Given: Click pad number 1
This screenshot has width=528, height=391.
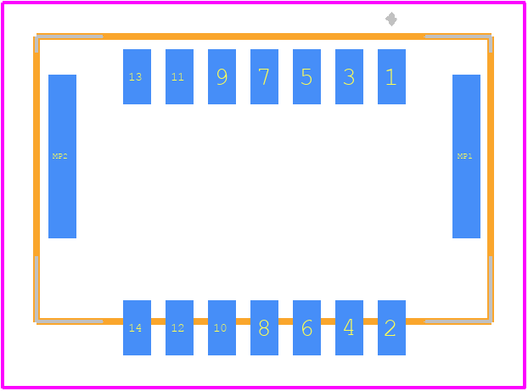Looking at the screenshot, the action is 391,76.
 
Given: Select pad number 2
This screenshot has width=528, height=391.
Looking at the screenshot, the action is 391,327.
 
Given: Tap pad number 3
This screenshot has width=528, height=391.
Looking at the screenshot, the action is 349,76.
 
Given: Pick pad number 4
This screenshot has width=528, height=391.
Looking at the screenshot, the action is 349,327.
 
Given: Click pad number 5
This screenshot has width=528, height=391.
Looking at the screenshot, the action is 306,76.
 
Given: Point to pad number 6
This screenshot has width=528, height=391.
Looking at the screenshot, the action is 306,327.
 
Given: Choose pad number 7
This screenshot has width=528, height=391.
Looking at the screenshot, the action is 264,76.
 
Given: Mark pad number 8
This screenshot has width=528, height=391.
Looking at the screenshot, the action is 264,327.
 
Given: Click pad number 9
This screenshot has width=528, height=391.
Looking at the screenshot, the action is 222,76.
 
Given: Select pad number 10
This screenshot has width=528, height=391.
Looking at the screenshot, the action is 222,327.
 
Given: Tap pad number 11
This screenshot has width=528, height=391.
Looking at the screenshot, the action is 179,76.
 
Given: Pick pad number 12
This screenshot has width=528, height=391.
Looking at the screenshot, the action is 179,327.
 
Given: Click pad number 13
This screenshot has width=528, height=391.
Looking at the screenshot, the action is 137,76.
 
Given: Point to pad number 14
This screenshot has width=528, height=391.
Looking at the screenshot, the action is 137,327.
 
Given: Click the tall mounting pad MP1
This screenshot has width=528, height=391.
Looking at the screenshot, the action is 466,156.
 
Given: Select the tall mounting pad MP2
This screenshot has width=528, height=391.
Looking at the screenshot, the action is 62,156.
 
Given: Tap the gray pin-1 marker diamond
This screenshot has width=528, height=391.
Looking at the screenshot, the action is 391,19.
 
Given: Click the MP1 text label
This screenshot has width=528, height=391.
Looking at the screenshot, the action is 464,156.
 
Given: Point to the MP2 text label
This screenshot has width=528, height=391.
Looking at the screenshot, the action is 60,156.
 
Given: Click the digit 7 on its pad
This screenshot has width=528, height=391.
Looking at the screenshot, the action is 264,76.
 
